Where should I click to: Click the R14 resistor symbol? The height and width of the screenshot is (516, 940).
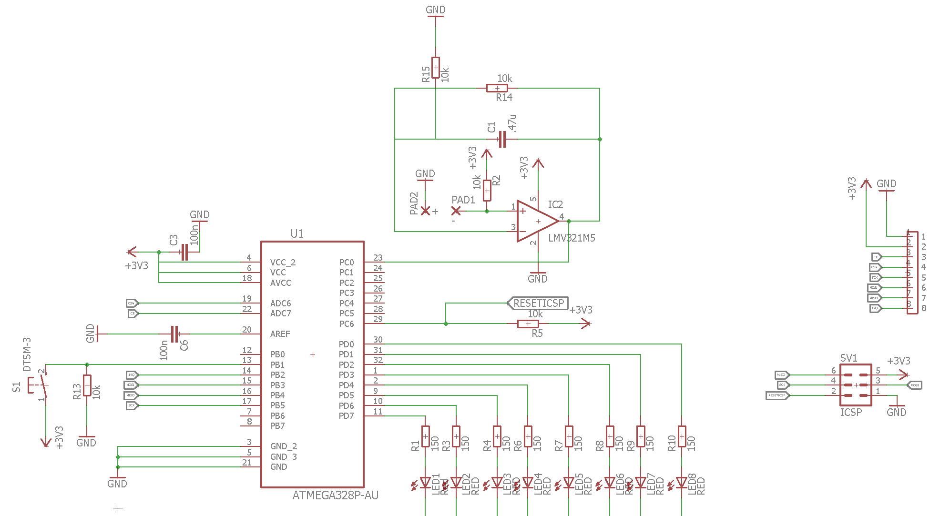tap(497, 88)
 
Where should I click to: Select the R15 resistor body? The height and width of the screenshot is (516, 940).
tap(436, 68)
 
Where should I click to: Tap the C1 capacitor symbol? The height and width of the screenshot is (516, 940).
tap(501, 139)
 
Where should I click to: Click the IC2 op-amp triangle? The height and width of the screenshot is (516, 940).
tap(536, 221)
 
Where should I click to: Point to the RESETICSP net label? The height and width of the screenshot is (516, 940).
tap(538, 303)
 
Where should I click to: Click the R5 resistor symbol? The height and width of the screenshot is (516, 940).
tap(528, 324)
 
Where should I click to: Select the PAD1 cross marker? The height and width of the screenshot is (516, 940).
tap(456, 211)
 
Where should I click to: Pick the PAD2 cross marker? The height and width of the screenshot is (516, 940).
tap(425, 211)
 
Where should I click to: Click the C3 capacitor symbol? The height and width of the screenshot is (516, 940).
tap(184, 252)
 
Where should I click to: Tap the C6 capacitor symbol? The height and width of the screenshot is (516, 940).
tap(175, 334)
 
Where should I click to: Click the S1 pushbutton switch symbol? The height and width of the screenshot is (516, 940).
tap(41, 384)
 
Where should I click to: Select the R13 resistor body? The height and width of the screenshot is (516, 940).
tap(87, 385)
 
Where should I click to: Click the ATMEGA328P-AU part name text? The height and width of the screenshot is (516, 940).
tap(335, 496)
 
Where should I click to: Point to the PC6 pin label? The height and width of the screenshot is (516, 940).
tap(346, 324)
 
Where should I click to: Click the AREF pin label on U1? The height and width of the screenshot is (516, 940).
tap(280, 334)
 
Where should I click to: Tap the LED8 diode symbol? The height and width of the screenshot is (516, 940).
tap(682, 483)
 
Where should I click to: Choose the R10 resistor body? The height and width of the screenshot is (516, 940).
tap(682, 436)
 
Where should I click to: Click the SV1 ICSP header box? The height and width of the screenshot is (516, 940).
tap(856, 385)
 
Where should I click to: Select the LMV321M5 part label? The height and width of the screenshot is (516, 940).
tap(572, 238)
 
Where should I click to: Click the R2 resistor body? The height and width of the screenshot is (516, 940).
tap(487, 191)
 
